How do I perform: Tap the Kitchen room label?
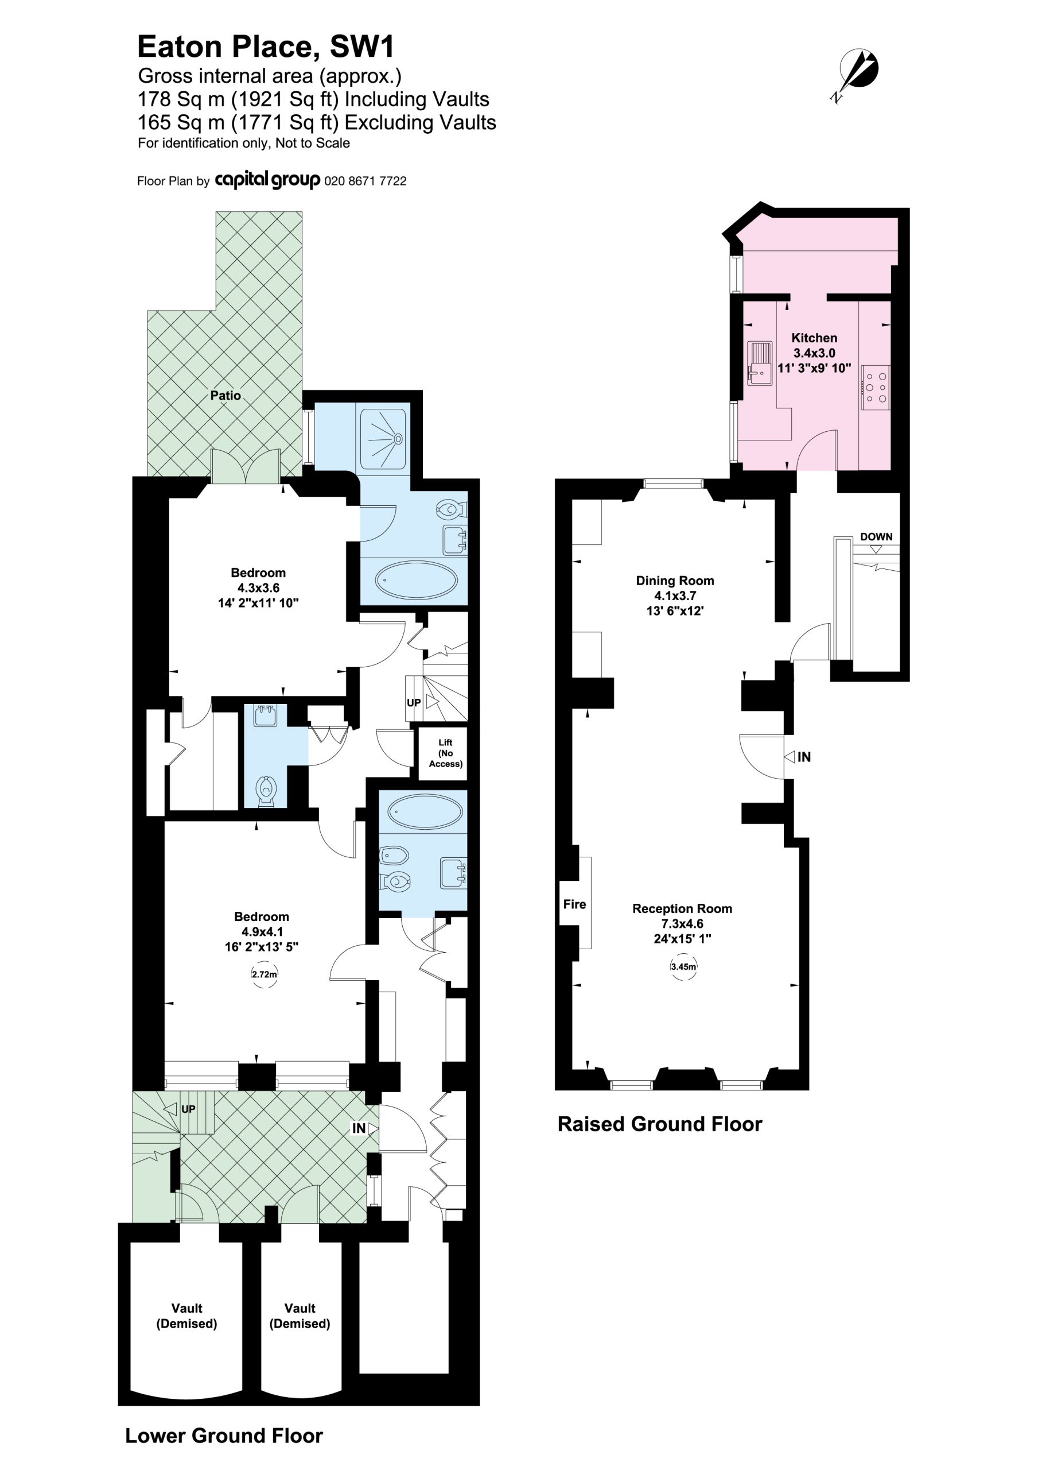[814, 338]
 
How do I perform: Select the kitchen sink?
[760, 363]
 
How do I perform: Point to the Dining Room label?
[675, 581]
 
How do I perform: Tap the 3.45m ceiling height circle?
[683, 967]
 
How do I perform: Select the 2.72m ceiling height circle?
[265, 974]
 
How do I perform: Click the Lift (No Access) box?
[443, 753]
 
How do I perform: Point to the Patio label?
[226, 396]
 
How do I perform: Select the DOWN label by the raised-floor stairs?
[876, 536]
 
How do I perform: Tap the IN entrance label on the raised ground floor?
[804, 757]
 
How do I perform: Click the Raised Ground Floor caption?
[660, 1124]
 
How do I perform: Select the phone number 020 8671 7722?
[366, 181]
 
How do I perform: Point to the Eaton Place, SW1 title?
[266, 47]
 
